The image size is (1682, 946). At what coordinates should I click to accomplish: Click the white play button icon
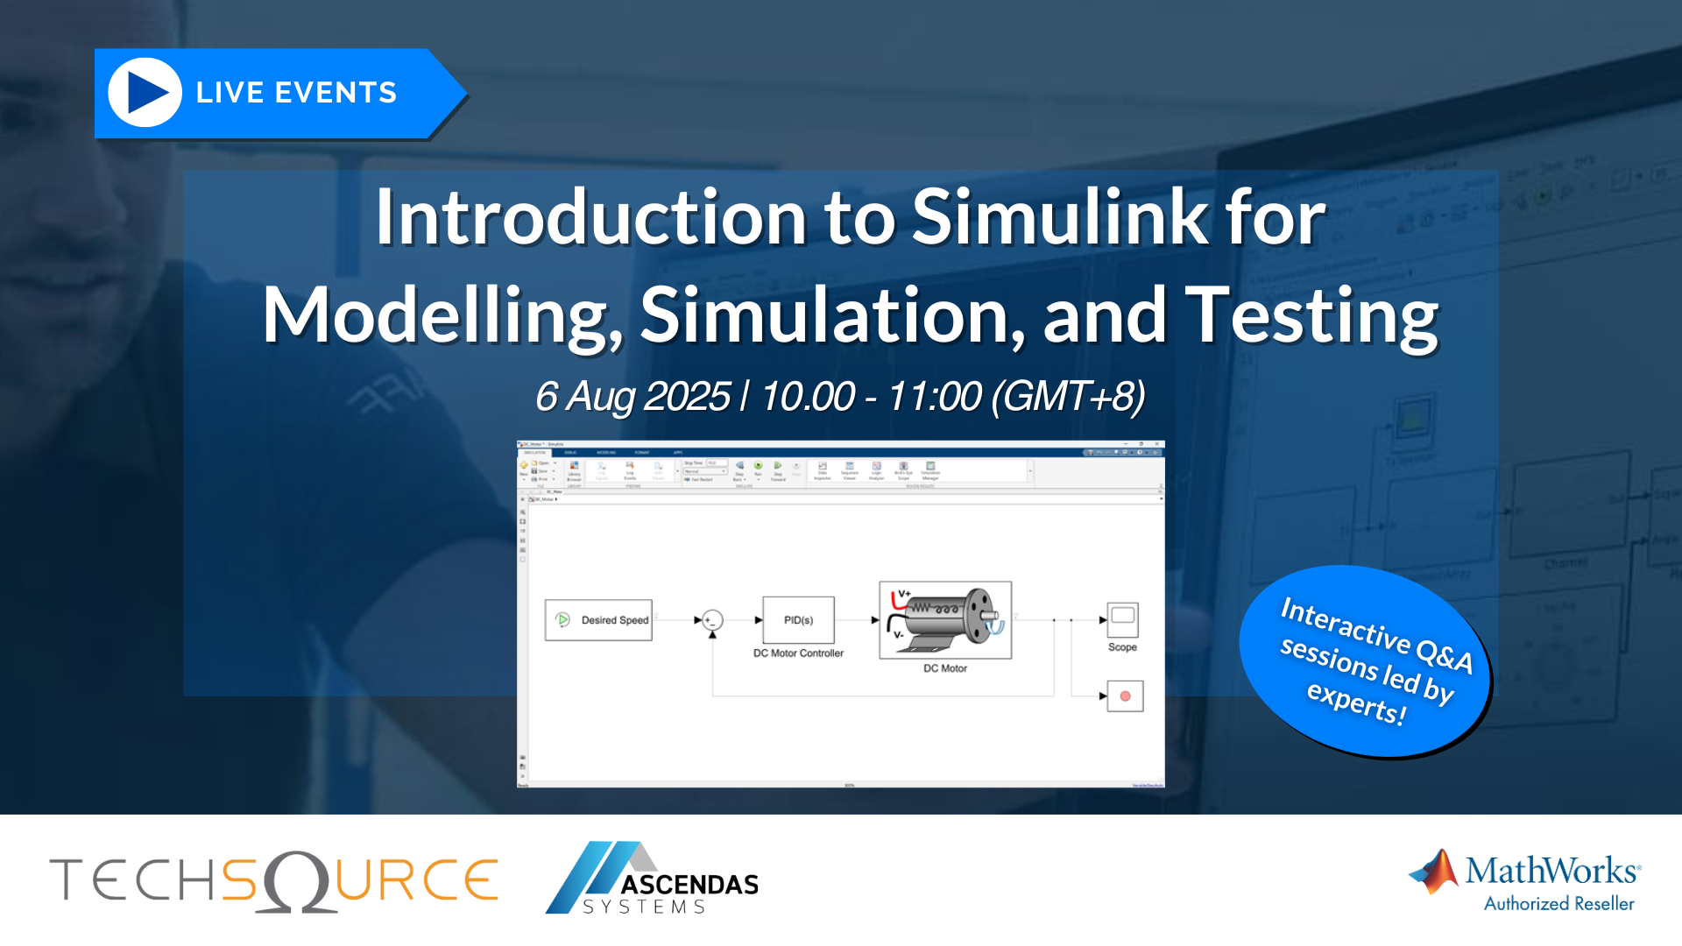pyautogui.click(x=145, y=93)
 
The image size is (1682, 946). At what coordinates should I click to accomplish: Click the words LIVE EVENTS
pyautogui.click(x=296, y=93)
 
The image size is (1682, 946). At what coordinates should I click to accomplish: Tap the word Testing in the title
pyautogui.click(x=1311, y=315)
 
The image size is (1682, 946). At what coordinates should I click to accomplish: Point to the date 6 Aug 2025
pyautogui.click(x=633, y=397)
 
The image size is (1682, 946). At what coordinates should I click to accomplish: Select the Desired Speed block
pyautogui.click(x=598, y=620)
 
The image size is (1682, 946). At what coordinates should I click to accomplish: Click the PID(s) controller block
pyautogui.click(x=798, y=620)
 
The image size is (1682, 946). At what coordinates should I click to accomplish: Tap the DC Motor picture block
pyautogui.click(x=945, y=620)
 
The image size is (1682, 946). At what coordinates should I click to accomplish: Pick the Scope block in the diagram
pyautogui.click(x=1122, y=620)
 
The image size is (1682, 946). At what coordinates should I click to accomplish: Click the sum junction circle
pyautogui.click(x=713, y=620)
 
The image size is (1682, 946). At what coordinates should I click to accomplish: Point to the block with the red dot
pyautogui.click(x=1125, y=696)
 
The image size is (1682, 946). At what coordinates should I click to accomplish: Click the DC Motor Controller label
pyautogui.click(x=798, y=653)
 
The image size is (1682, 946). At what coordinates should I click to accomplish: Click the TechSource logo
pyautogui.click(x=273, y=880)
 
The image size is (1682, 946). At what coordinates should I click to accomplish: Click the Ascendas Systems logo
pyautogui.click(x=653, y=879)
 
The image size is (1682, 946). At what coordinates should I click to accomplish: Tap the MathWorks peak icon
pyautogui.click(x=1434, y=872)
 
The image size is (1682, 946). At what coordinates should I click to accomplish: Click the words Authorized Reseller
pyautogui.click(x=1558, y=904)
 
